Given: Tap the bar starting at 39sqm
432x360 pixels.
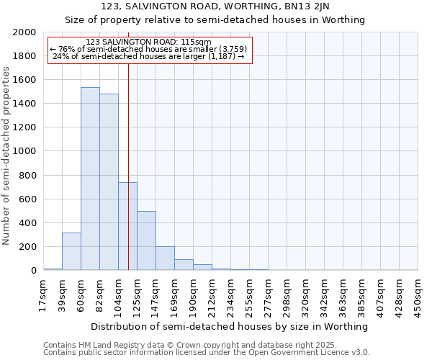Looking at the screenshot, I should (71, 251).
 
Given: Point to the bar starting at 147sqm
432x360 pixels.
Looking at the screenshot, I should (165, 258).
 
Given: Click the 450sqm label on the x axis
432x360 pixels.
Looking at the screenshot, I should (418, 294).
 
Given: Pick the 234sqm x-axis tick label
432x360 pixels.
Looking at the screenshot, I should (231, 294).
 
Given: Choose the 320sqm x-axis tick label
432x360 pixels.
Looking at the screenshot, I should (306, 294).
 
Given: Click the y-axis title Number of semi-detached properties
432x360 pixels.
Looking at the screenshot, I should (7, 155).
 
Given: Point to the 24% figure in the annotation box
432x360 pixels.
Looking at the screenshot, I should (60, 56).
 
